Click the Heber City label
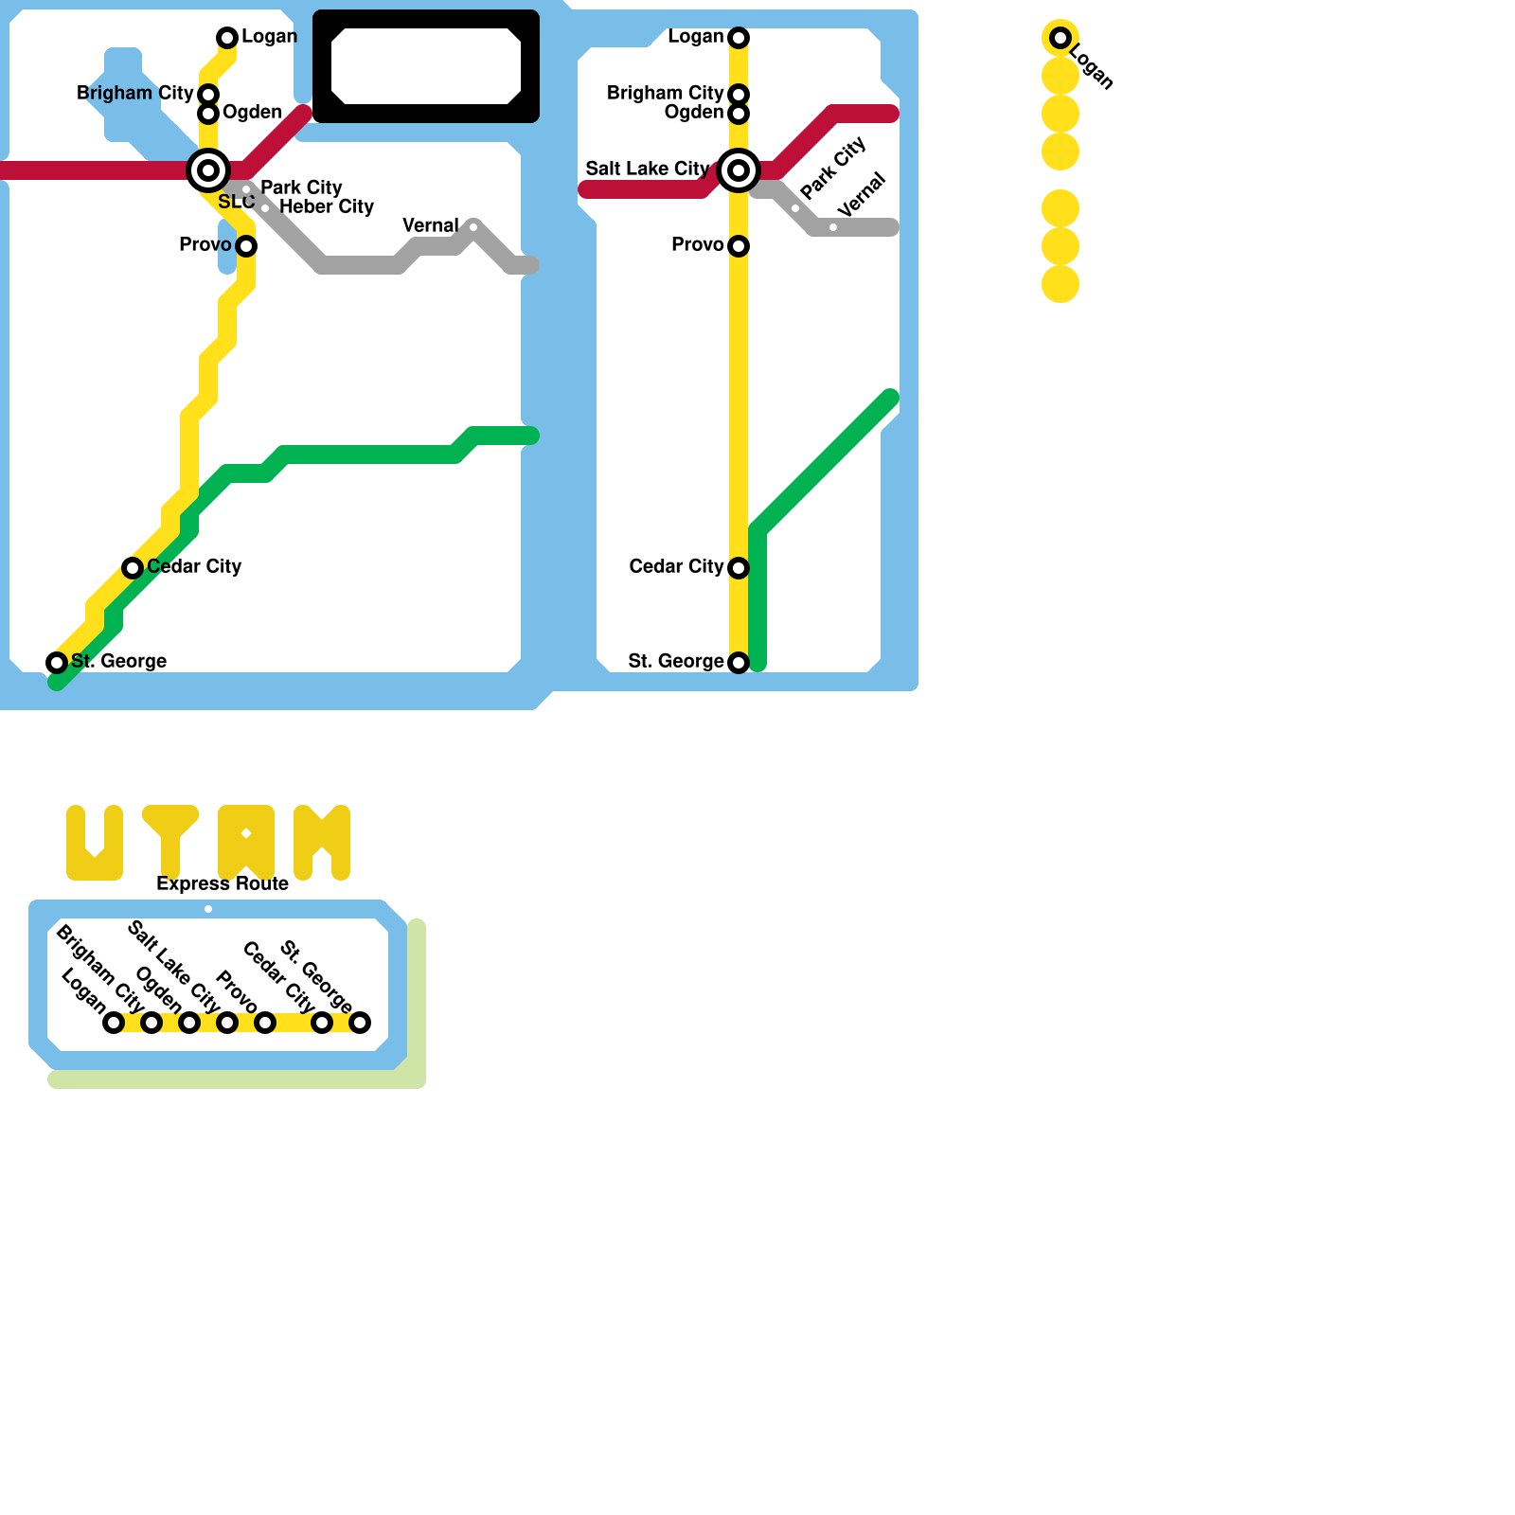(x=327, y=206)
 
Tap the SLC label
(x=236, y=202)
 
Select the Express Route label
(x=223, y=883)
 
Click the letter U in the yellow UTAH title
(x=95, y=843)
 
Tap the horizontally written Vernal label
(x=430, y=225)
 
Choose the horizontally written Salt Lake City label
(x=647, y=169)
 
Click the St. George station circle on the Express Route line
(x=360, y=1023)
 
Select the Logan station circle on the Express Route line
(x=114, y=1023)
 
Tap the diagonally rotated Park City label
(x=833, y=168)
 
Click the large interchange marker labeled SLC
(x=208, y=170)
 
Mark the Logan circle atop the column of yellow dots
(x=1060, y=38)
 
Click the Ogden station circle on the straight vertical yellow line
(x=739, y=114)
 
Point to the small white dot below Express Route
(x=208, y=909)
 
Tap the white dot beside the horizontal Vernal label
(x=473, y=227)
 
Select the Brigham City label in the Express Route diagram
(x=99, y=968)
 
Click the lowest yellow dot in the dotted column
(x=1060, y=284)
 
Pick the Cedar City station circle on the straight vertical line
(x=739, y=568)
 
